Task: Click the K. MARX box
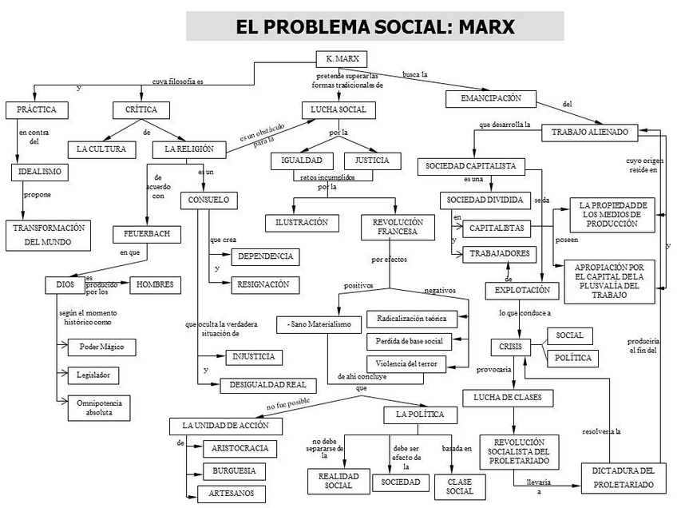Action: (x=337, y=60)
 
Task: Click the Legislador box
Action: (x=93, y=374)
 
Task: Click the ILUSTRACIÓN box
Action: (x=302, y=223)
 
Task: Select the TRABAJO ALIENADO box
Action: (x=589, y=132)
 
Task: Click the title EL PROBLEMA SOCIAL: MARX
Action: (x=374, y=26)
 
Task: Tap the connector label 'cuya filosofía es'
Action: (x=177, y=81)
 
